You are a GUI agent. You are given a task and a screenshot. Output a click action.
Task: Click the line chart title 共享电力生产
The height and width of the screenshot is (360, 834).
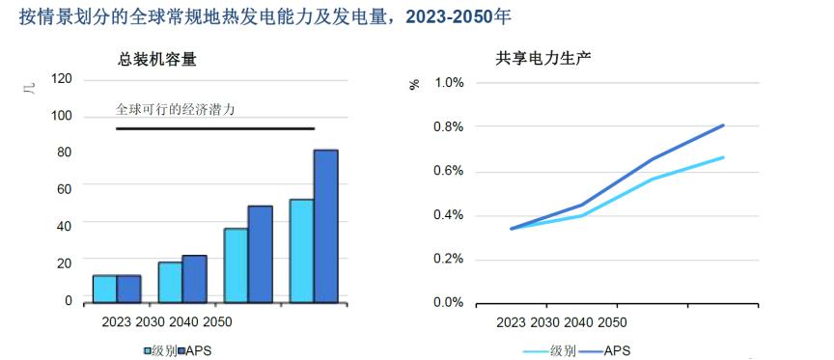543,58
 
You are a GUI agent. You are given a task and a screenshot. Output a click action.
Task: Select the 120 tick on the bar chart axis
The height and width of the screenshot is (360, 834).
61,79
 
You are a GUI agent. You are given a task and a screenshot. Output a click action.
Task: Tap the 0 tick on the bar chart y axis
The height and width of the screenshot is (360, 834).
68,301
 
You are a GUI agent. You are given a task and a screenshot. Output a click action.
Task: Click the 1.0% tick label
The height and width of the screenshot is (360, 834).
449,83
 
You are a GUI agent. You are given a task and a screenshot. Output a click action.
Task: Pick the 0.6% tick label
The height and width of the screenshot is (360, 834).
449,171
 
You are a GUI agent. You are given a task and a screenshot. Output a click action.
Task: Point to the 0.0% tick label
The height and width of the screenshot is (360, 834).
449,303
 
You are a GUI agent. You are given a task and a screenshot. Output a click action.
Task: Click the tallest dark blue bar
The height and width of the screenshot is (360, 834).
325,227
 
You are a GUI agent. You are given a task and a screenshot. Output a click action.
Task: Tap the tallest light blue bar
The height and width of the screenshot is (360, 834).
301,251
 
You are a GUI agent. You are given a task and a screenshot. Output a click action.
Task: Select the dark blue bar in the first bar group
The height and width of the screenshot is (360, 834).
129,289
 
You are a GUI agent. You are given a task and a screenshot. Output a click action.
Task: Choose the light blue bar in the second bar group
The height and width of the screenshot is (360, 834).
170,282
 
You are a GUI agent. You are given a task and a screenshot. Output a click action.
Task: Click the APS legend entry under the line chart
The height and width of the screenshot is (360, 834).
608,350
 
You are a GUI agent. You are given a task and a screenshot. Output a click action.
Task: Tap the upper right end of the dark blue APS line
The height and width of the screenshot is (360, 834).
723,125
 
